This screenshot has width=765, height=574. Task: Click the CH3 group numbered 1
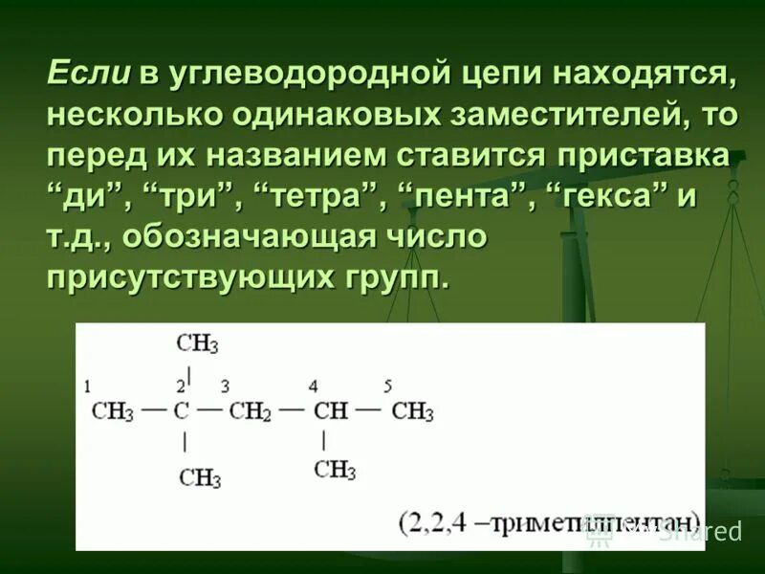112,412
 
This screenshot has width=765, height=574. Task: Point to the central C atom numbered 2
182,412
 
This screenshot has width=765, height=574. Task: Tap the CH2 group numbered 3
251,412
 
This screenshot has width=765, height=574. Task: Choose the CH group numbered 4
330,412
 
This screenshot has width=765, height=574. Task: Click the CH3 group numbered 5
412,412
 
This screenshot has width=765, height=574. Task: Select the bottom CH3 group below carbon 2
199,475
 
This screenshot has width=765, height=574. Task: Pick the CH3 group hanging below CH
335,470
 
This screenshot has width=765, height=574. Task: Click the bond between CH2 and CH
291,412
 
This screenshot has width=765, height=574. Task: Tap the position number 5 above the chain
388,386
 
